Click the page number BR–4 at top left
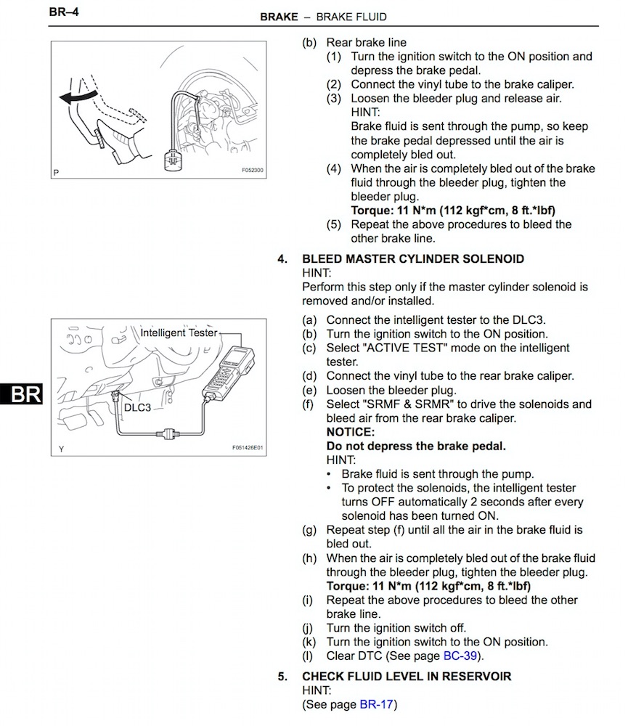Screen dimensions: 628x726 (63, 12)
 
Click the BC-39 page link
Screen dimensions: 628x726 (460, 656)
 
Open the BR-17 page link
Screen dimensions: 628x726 (377, 705)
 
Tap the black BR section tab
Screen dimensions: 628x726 (21, 394)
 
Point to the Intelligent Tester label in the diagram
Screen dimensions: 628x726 (179, 333)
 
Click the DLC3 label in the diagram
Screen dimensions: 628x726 (137, 408)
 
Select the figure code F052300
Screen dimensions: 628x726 (253, 171)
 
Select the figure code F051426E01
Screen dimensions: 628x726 (248, 448)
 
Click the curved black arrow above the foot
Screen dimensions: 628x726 (78, 97)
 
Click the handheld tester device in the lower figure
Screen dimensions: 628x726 (229, 371)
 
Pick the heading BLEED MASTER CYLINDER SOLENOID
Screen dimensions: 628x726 (413, 259)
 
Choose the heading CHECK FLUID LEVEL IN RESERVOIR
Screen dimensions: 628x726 (407, 677)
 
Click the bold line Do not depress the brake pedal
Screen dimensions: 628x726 (416, 446)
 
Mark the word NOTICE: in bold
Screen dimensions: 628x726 (350, 433)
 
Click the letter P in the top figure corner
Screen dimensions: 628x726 (56, 173)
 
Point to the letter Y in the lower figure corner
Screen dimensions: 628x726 (61, 449)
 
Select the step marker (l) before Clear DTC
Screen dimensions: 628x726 (309, 656)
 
